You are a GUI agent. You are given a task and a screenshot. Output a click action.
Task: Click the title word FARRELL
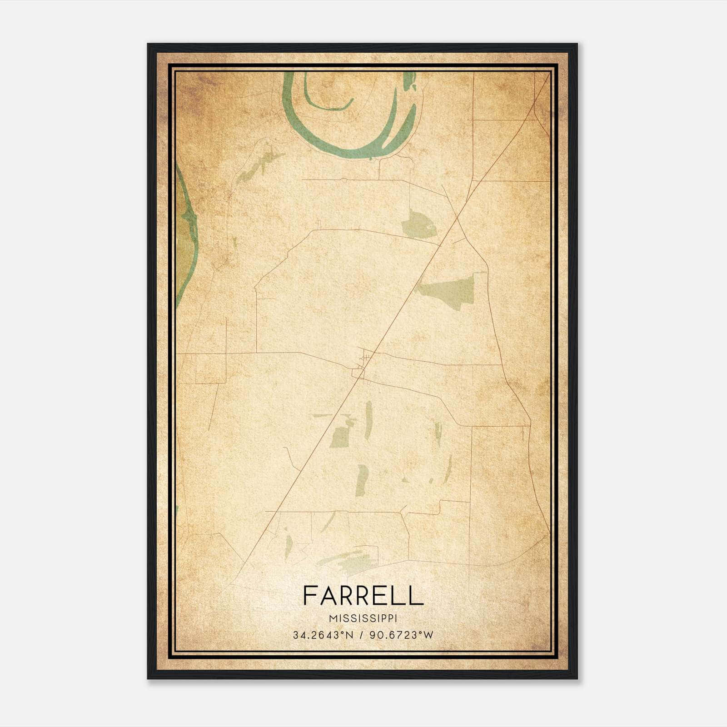363,596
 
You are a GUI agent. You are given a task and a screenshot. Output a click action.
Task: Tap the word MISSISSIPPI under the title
363,619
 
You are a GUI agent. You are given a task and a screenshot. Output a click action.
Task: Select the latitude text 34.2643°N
323,635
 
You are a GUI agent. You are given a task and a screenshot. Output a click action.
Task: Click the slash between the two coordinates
362,635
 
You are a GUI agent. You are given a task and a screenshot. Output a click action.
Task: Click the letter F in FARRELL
310,596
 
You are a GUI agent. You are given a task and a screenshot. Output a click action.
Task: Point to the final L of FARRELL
417,596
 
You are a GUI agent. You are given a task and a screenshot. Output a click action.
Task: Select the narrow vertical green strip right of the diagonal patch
368,420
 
